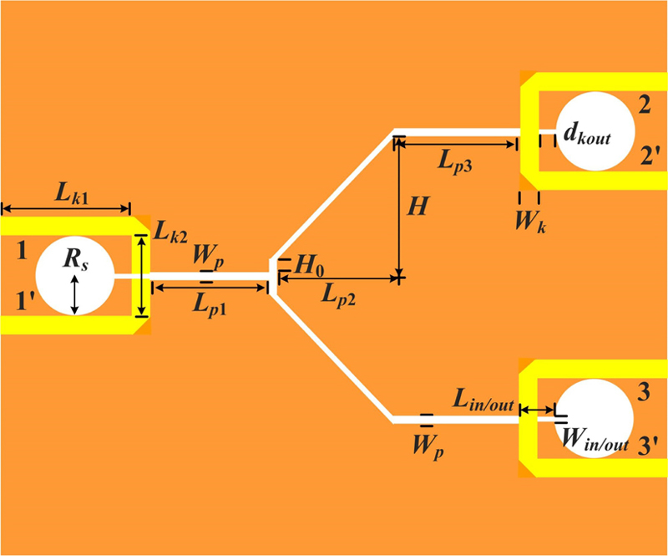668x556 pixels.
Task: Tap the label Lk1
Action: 73,194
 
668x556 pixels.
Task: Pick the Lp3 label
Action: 456,162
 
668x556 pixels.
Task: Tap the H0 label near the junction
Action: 308,267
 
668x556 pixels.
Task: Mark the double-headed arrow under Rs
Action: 75,295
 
